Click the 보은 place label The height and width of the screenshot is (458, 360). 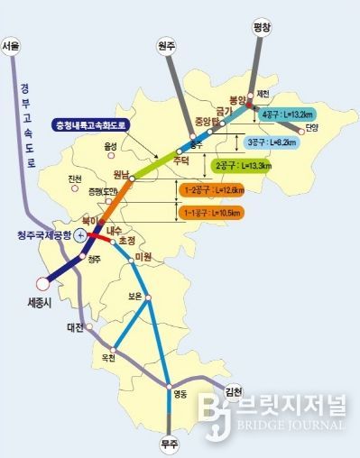click(136, 294)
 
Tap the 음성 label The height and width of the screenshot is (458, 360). click(110, 145)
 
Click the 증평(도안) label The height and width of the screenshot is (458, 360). click(106, 191)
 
